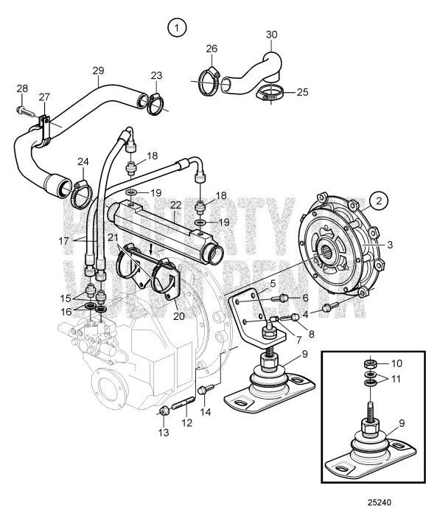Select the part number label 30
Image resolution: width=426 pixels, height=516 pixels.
[272, 35]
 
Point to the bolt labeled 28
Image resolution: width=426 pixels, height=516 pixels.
[26, 112]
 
